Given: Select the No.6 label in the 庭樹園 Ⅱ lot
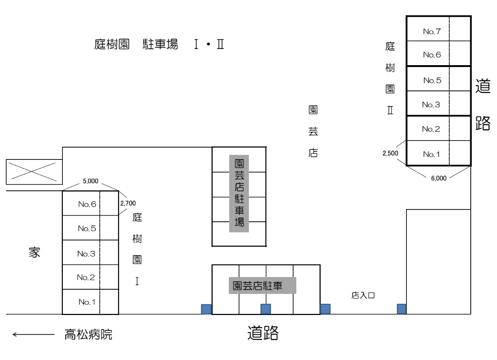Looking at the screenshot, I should click(x=432, y=55).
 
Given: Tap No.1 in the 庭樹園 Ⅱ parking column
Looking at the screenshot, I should click(x=430, y=153).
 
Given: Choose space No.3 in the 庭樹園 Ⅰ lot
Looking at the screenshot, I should click(x=87, y=254).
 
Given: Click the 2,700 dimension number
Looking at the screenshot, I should click(x=128, y=203).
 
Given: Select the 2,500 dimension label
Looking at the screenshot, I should click(x=391, y=153).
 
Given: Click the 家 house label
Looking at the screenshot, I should click(x=35, y=253).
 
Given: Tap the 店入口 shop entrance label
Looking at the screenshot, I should click(x=364, y=295).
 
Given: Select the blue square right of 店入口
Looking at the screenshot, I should click(x=401, y=308).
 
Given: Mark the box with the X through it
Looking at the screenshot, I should click(x=33, y=172).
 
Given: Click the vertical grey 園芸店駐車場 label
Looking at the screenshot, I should click(x=239, y=193).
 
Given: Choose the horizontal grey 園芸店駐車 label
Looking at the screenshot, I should click(x=263, y=285).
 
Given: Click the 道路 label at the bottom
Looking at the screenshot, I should click(x=263, y=333).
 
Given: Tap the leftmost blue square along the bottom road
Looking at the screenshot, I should click(x=206, y=309).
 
